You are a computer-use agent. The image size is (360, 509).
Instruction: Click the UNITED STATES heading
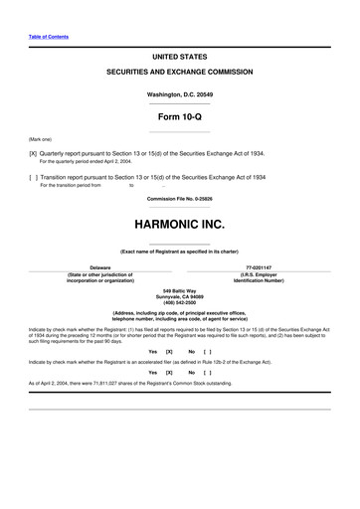point(179,58)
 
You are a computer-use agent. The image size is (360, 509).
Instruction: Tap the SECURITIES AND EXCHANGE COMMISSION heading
point(179,74)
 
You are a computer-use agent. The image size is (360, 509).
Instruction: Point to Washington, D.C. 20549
point(179,95)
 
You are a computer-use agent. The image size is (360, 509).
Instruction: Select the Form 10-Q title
point(179,116)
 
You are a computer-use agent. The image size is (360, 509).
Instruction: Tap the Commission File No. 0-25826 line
point(179,197)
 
